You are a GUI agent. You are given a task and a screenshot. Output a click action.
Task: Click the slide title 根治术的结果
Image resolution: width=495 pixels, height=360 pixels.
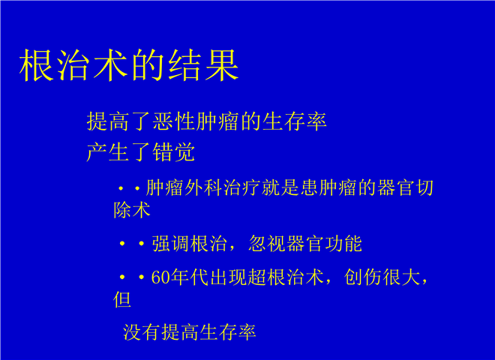coord(129,65)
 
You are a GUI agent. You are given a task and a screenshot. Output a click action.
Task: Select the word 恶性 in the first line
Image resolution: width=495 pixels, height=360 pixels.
coord(173,121)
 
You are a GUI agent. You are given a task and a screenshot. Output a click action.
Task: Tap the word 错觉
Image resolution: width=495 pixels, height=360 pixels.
coord(173,152)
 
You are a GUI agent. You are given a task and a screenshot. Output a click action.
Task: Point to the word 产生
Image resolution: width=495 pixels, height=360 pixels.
coord(108,152)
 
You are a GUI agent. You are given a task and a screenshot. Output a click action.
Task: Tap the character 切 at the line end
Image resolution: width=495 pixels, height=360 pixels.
coord(424,187)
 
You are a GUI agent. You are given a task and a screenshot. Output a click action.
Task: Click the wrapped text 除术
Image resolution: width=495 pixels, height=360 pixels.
coord(132,210)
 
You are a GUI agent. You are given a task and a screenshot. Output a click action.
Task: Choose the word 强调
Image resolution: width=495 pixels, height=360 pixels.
coord(170,244)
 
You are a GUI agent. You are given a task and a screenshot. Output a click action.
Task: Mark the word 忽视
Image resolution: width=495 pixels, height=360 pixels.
coord(267,244)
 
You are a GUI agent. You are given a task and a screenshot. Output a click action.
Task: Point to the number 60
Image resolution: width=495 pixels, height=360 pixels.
coord(160,277)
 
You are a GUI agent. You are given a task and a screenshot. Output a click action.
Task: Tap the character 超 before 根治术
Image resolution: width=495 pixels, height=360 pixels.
coord(257,277)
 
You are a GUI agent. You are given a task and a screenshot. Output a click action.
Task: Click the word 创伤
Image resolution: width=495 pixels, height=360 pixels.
coord(363,277)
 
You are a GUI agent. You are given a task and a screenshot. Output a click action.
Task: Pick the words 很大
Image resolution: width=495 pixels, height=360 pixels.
coord(401,277)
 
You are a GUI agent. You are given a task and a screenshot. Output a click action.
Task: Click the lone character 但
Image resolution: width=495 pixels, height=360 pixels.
coord(122,299)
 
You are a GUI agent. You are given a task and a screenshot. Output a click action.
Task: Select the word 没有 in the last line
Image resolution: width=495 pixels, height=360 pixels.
coord(142,332)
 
